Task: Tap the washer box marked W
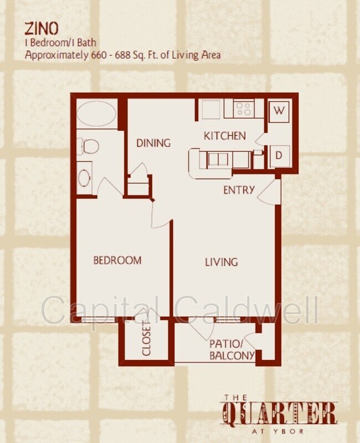(x=280, y=111)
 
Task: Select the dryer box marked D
(x=279, y=156)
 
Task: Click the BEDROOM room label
(x=117, y=260)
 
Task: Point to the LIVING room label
(x=222, y=262)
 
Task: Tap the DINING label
(x=153, y=143)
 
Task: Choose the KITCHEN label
(x=224, y=136)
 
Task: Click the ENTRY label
(x=239, y=190)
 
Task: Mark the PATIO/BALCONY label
(x=232, y=349)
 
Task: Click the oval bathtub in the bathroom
(x=97, y=114)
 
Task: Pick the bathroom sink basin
(x=84, y=177)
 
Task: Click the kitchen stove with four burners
(x=243, y=109)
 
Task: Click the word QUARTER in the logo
(x=280, y=414)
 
